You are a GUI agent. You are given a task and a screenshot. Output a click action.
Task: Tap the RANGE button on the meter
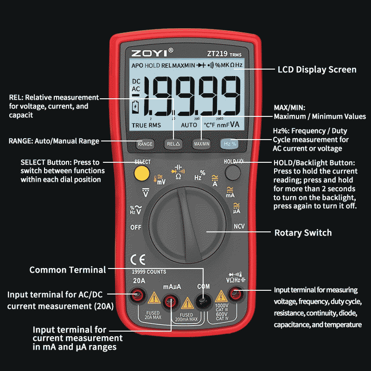pyautogui.click(x=145, y=144)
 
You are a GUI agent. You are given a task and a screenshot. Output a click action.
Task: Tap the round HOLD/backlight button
pyautogui.click(x=233, y=173)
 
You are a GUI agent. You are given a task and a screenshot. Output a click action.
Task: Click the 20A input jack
pyautogui.click(x=138, y=294)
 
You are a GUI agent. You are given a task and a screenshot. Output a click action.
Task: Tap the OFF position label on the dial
pyautogui.click(x=135, y=227)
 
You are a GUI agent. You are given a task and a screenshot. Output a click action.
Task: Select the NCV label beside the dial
pyautogui.click(x=239, y=227)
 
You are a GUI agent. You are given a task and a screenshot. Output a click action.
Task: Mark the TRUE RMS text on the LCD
pyautogui.click(x=146, y=125)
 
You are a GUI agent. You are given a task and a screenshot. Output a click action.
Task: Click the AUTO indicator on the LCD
pyautogui.click(x=189, y=125)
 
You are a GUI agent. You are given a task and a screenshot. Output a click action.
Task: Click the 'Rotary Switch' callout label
pyautogui.click(x=303, y=233)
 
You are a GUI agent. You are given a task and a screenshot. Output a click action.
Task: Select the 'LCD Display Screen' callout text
pyautogui.click(x=317, y=70)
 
